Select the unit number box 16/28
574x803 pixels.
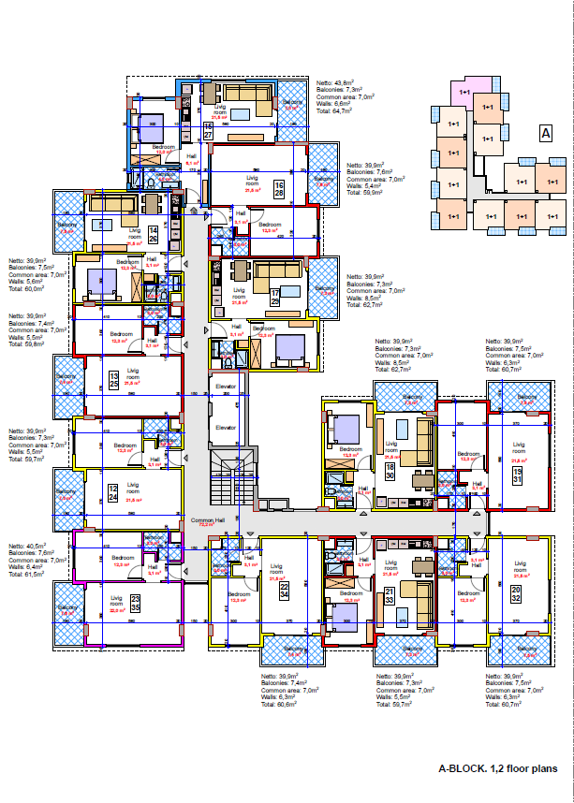click(x=278, y=190)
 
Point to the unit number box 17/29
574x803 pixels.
click(x=275, y=298)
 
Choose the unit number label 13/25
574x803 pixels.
click(x=112, y=380)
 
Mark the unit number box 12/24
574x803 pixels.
click(x=112, y=492)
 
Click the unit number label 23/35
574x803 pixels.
click(x=135, y=603)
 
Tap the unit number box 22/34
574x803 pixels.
click(x=284, y=588)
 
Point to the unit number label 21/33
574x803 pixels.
click(x=389, y=595)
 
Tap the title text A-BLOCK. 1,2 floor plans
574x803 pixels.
click(x=498, y=768)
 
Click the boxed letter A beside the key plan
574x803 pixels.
click(x=544, y=133)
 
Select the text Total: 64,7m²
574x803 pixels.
click(x=333, y=110)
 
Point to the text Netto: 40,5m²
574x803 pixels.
click(x=28, y=546)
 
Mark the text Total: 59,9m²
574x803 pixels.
click(x=365, y=193)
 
